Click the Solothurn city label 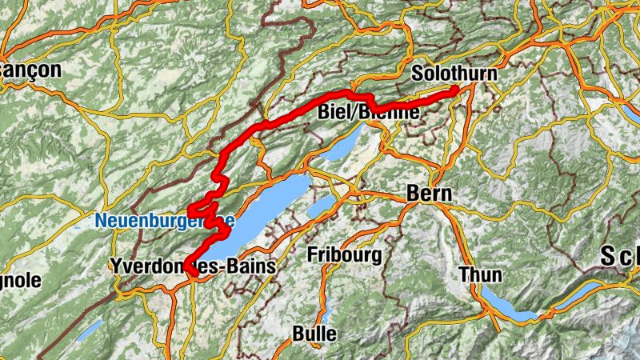454,74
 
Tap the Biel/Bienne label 368,113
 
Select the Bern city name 430,194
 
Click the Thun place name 480,275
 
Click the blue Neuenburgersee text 164,218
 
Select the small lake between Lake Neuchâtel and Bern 323,206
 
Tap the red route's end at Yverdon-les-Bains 193,274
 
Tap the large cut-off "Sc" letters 621,258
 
